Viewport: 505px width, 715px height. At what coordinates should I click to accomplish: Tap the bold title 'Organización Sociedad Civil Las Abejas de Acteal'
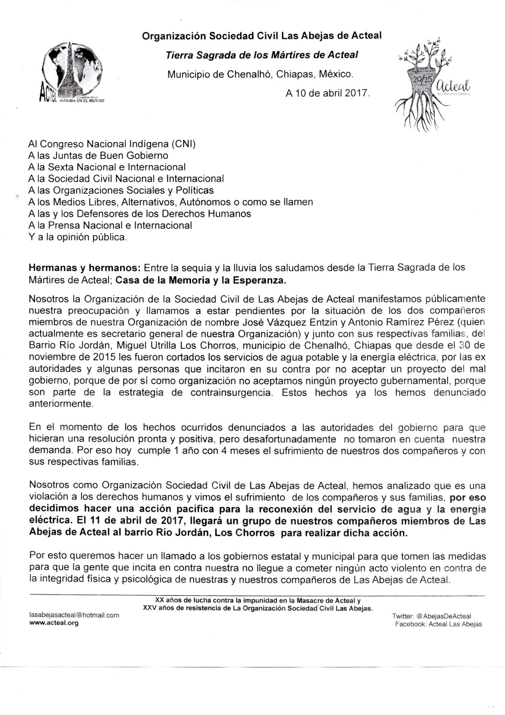tap(261, 35)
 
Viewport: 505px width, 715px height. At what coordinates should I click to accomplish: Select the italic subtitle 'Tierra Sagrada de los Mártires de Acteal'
tap(261, 55)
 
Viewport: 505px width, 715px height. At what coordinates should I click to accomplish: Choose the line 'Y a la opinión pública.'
tap(77, 237)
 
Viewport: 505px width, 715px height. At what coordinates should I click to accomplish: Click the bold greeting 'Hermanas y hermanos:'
tap(84, 268)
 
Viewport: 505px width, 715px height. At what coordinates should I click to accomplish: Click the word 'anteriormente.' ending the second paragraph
tap(61, 404)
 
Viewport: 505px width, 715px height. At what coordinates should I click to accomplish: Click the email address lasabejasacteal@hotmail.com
tap(74, 615)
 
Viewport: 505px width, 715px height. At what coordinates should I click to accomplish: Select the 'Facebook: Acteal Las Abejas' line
tap(438, 624)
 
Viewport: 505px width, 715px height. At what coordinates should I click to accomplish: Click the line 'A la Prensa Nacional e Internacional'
tap(110, 225)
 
